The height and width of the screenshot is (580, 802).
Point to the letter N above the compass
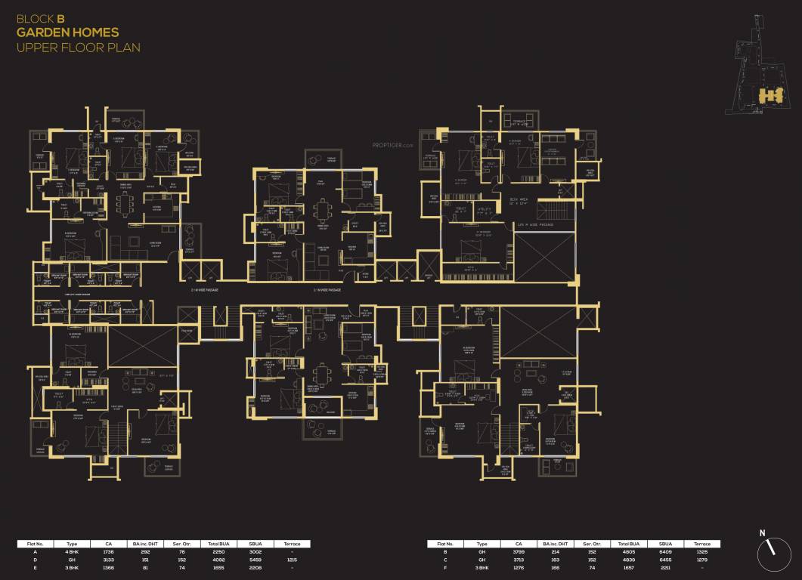coord(762,533)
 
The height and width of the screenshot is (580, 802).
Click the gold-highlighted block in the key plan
coord(769,95)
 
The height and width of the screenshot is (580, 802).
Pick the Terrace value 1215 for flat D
coord(292,560)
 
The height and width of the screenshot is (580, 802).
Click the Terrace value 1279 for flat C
coord(702,560)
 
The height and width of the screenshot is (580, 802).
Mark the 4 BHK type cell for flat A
coord(73,552)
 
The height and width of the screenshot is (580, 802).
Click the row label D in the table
coord(35,560)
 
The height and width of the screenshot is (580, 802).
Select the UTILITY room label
coord(485,209)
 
